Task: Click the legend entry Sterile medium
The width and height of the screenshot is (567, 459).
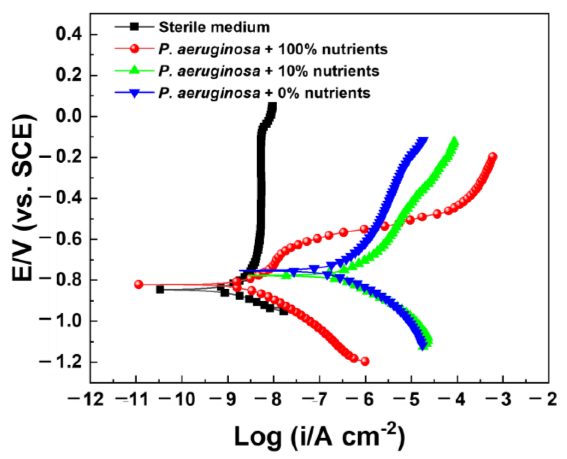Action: point(214,28)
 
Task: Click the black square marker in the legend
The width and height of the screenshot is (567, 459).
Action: point(134,27)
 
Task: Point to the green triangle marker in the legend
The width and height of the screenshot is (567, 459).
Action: point(134,70)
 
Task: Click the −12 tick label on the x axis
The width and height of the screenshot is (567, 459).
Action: point(85,399)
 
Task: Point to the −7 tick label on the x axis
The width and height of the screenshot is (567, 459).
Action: point(315,399)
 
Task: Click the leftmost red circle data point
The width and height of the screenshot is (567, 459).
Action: point(139,284)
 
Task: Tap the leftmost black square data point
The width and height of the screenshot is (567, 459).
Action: point(160,290)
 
